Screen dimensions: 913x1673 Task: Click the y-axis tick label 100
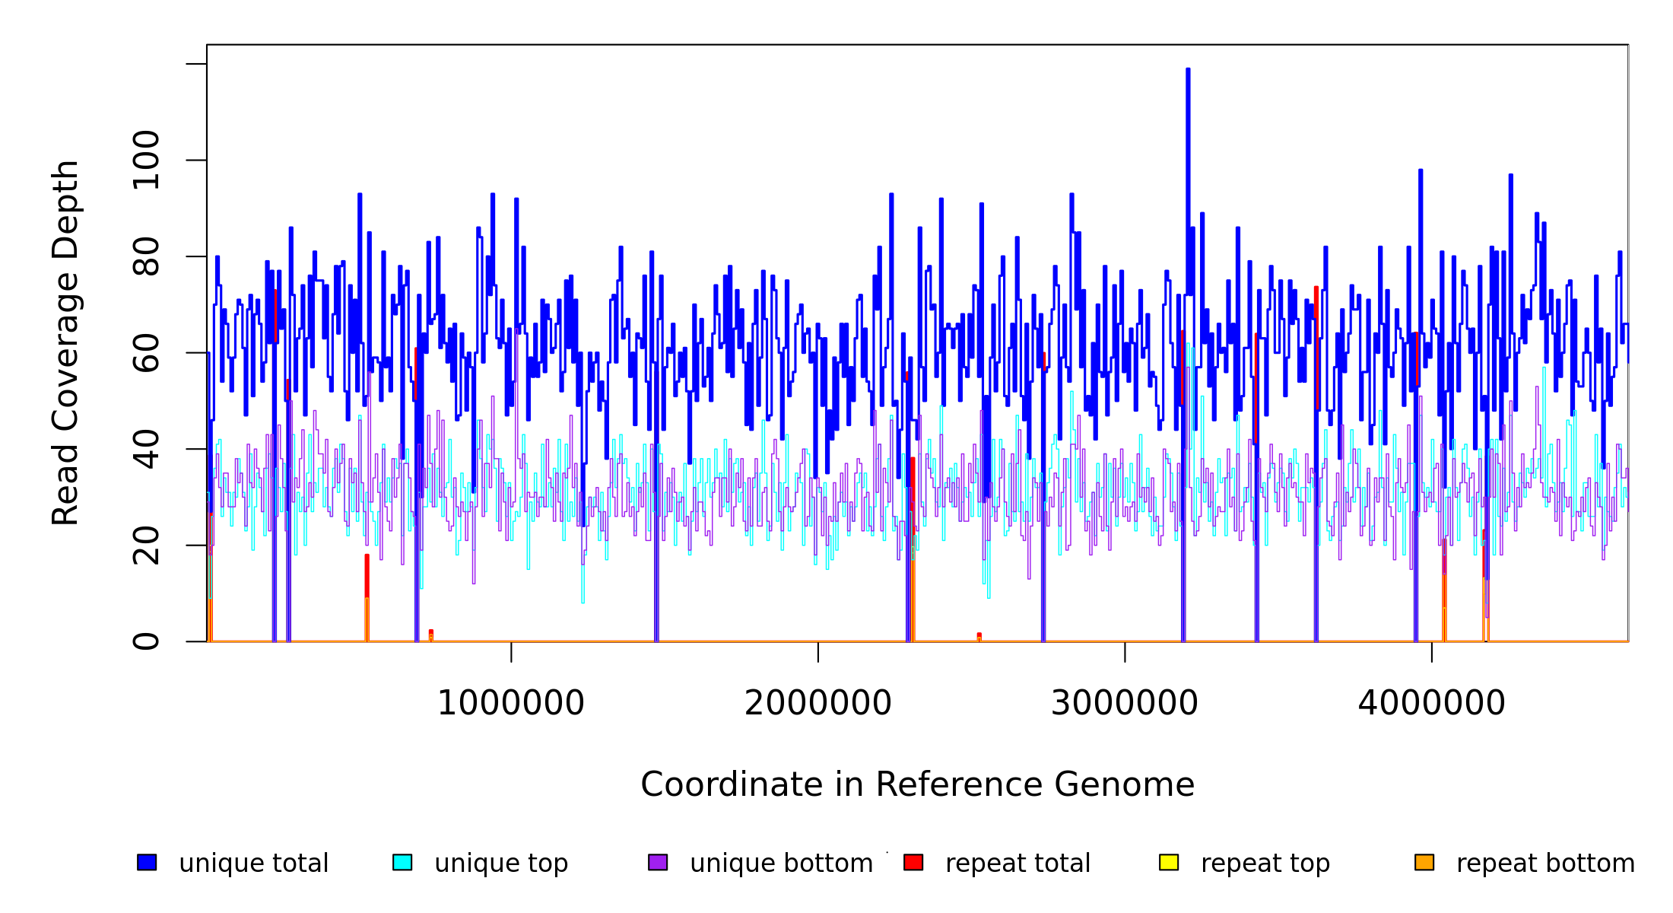(146, 160)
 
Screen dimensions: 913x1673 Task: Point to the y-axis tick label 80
(146, 256)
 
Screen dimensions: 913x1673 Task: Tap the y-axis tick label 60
(146, 353)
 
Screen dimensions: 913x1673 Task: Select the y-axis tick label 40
(146, 449)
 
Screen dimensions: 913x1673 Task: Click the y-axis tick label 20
(146, 546)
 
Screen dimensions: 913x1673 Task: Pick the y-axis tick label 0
(146, 641)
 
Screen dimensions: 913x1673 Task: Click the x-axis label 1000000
(511, 703)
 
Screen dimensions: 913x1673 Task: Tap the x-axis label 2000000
(818, 703)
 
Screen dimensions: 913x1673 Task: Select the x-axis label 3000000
(1125, 703)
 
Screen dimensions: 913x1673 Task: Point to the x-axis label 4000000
(1432, 703)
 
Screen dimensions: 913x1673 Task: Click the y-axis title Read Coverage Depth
(65, 342)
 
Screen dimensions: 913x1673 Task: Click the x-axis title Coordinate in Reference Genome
(917, 785)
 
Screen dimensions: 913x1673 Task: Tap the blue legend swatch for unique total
(147, 862)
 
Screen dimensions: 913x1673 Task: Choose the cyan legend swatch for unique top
(402, 862)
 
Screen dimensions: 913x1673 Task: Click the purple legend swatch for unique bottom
(658, 862)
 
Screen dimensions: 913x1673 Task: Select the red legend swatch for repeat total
(913, 862)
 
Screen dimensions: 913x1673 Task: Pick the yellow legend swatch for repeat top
(1169, 862)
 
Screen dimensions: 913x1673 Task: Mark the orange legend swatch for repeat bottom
(1424, 862)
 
